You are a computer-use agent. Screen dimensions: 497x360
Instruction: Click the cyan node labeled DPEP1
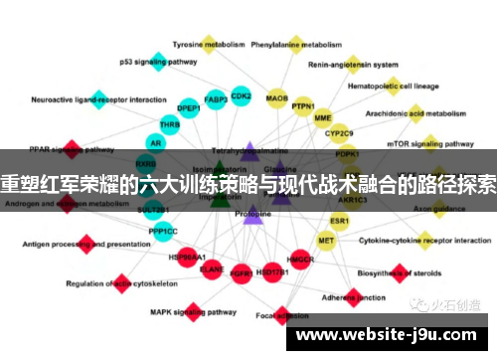click(x=188, y=107)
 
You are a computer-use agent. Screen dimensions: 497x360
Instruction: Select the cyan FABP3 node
click(x=216, y=99)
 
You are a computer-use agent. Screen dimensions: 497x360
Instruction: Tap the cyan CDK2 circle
click(x=241, y=95)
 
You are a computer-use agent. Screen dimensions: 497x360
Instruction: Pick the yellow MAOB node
click(x=277, y=98)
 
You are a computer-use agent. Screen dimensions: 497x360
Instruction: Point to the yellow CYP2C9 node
click(x=339, y=132)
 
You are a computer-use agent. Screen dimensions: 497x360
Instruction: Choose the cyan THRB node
click(x=170, y=125)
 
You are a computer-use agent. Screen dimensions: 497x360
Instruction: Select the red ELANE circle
click(x=212, y=268)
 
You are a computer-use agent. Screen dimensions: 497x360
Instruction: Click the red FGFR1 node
click(x=240, y=271)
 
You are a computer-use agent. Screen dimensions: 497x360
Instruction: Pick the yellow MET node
click(x=326, y=240)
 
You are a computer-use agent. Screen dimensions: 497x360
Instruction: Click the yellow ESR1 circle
click(x=340, y=220)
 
